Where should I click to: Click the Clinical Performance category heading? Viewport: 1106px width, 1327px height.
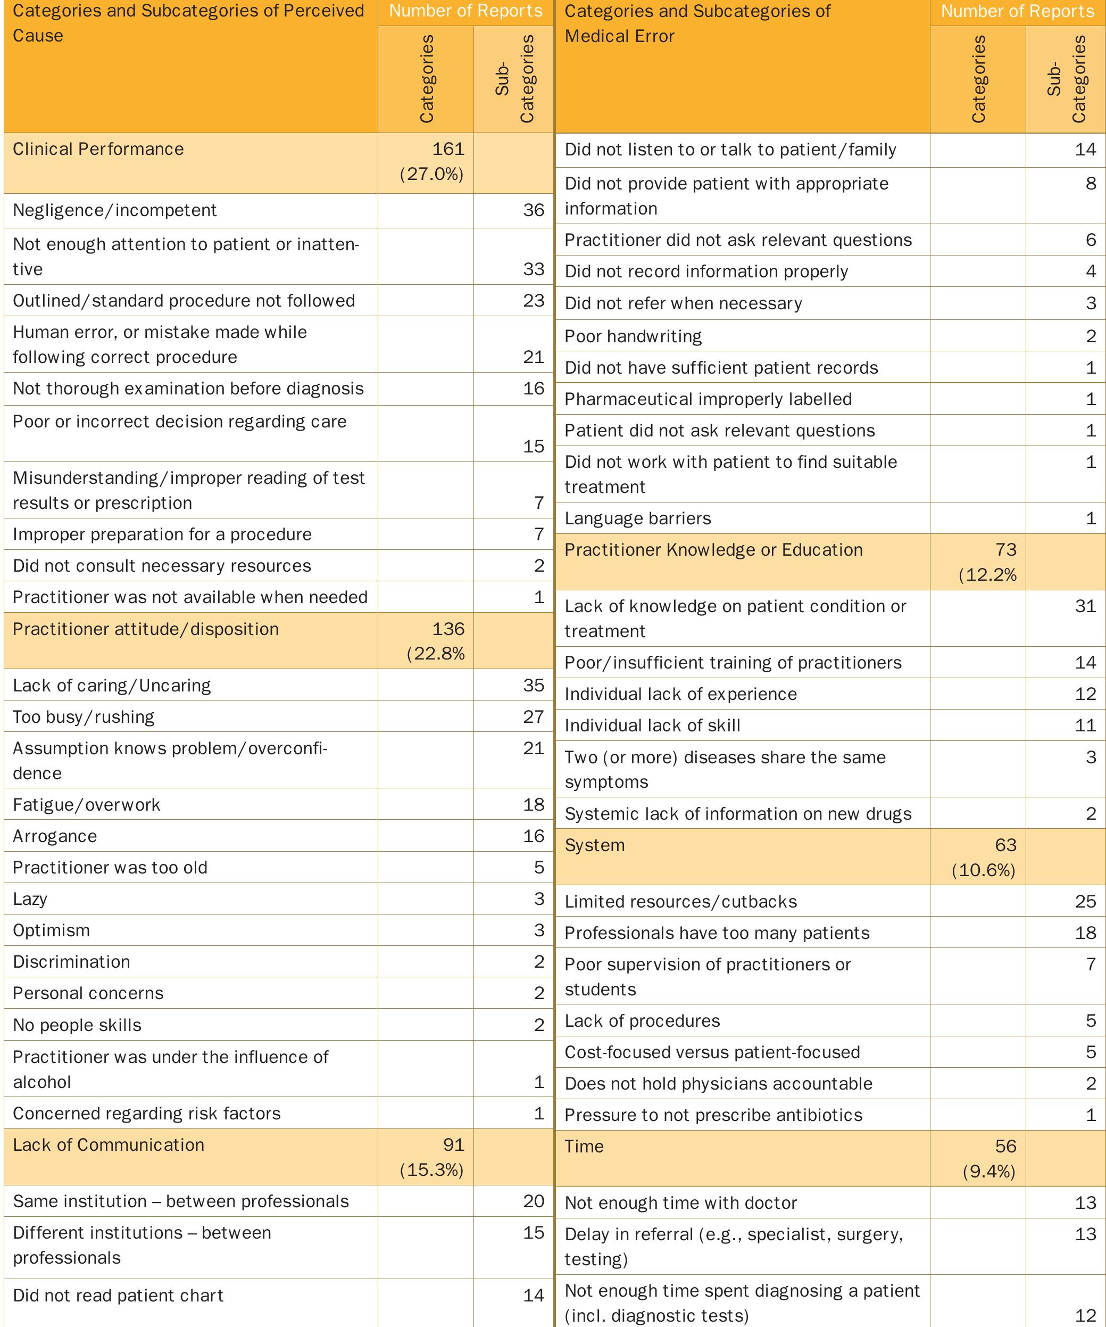pyautogui.click(x=98, y=149)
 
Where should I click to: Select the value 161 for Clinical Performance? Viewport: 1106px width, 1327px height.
pyautogui.click(x=448, y=149)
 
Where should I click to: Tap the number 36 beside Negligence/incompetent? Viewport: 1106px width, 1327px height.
pyautogui.click(x=533, y=210)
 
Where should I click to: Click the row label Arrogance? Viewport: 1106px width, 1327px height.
pyautogui.click(x=55, y=836)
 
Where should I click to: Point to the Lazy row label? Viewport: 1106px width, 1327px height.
pyautogui.click(x=30, y=899)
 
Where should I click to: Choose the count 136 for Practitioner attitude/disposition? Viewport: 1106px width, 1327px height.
pyautogui.click(x=448, y=629)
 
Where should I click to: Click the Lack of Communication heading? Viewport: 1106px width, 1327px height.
pyautogui.click(x=109, y=1145)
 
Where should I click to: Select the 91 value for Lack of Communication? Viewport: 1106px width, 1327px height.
pyautogui.click(x=453, y=1145)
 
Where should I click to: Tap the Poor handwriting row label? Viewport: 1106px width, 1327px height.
pyautogui.click(x=633, y=336)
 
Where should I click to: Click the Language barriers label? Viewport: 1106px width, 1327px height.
pyautogui.click(x=637, y=518)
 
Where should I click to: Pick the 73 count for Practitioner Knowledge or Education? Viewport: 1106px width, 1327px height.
pyautogui.click(x=1005, y=550)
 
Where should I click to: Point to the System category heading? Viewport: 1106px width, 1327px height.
pyautogui.click(x=594, y=845)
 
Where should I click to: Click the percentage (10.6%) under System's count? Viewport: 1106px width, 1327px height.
pyautogui.click(x=984, y=870)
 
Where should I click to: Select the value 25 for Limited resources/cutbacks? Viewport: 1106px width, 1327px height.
pyautogui.click(x=1085, y=901)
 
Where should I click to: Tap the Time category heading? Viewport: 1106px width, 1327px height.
pyautogui.click(x=584, y=1146)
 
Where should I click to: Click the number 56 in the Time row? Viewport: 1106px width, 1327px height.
pyautogui.click(x=1005, y=1146)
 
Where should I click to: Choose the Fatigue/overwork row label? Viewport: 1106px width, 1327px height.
pyautogui.click(x=87, y=804)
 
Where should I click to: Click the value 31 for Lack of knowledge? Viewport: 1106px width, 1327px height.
pyautogui.click(x=1085, y=606)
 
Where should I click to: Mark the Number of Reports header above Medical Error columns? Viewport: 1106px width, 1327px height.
pyautogui.click(x=1017, y=11)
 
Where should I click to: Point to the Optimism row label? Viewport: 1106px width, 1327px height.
pyautogui.click(x=51, y=930)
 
